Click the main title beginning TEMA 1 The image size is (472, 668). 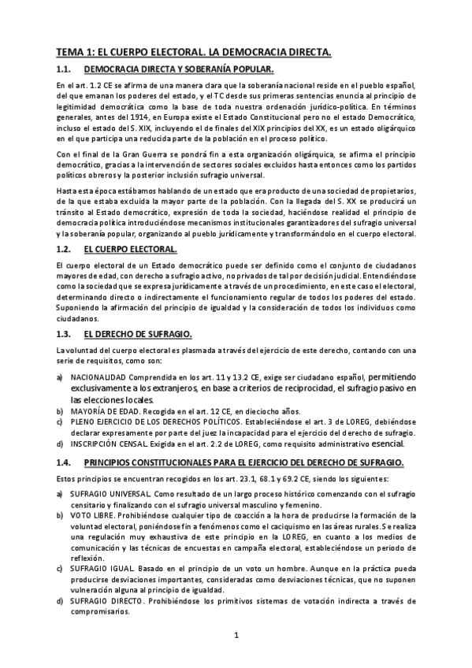[193, 52]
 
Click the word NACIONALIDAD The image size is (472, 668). [98, 377]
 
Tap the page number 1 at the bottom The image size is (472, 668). [236, 635]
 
